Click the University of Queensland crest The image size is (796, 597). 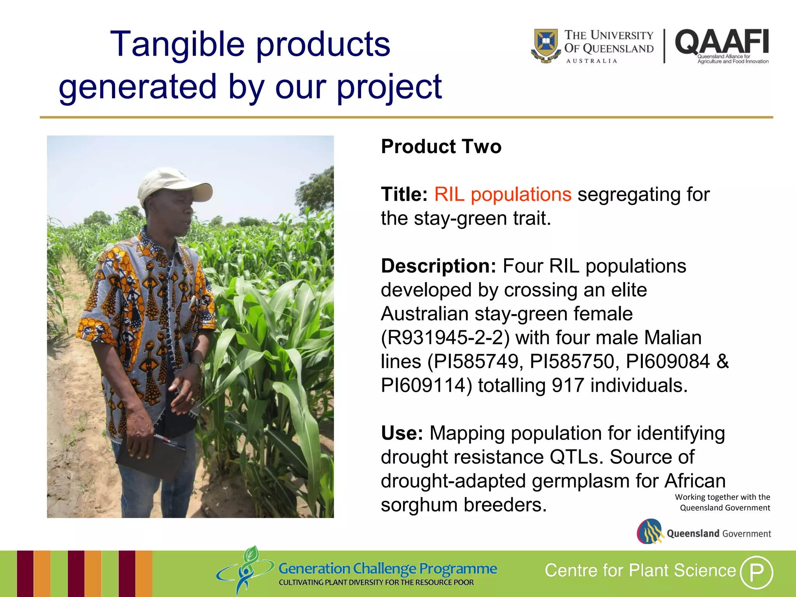546,45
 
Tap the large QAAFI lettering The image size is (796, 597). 722,42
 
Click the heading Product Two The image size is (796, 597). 441,147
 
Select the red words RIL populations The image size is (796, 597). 503,194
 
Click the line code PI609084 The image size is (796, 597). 668,361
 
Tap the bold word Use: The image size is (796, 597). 401,433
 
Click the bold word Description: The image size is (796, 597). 438,266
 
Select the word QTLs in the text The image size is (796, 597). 576,457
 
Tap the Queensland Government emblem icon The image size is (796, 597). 650,532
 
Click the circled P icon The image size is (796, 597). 756,572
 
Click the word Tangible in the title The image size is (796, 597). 177,44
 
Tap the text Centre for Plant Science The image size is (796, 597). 640,571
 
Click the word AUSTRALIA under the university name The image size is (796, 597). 592,61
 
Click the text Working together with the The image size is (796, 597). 722,497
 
